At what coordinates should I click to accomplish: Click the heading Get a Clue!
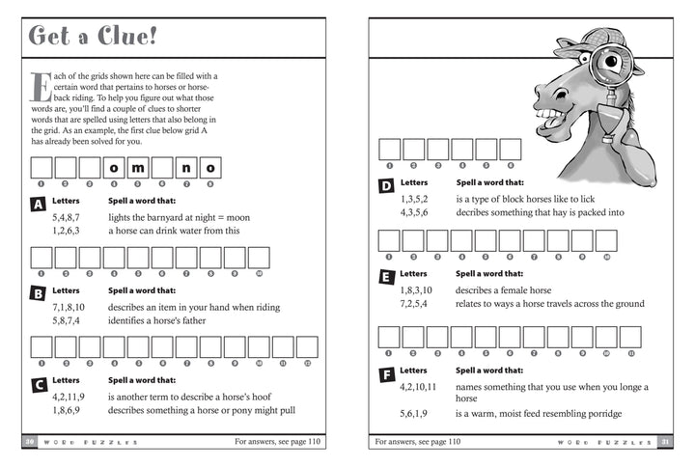coord(95,38)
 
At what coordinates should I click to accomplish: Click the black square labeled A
coord(39,205)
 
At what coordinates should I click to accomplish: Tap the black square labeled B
coord(39,291)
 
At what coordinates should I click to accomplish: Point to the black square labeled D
coord(386,184)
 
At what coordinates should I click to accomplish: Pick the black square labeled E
coord(386,276)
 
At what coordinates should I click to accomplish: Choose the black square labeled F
coord(386,372)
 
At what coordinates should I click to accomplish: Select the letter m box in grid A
coord(138,168)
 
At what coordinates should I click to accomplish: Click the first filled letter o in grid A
coord(114,168)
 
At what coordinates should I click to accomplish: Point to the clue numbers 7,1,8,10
coord(71,307)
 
